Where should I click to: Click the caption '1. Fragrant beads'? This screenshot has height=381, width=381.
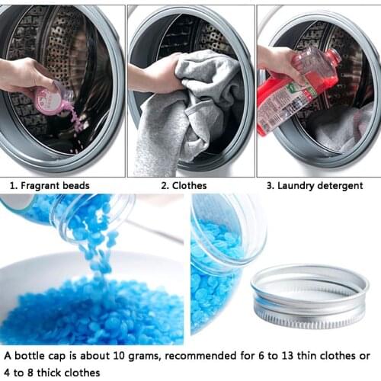[49, 185]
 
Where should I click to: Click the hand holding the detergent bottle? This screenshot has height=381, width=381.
[278, 65]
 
